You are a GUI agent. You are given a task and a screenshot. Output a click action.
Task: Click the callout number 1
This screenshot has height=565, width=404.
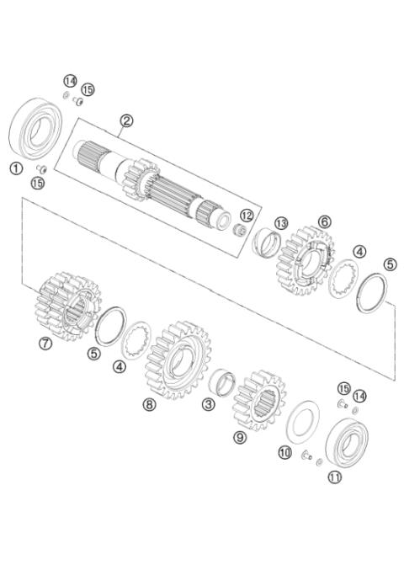[x=15, y=168]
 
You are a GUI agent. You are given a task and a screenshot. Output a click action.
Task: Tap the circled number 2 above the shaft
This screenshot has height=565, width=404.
[x=125, y=120]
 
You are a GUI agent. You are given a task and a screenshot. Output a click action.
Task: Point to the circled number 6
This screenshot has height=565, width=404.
[x=323, y=221]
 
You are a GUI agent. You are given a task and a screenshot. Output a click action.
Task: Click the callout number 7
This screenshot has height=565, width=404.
[x=45, y=343]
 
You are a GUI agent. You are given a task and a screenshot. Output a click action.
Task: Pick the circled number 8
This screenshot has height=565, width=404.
[x=150, y=404]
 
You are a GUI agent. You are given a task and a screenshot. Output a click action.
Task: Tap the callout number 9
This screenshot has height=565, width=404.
[x=240, y=437]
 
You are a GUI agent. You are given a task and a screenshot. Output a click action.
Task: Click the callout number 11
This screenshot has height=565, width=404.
[x=335, y=477]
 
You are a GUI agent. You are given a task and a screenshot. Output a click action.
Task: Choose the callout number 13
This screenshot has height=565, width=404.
[x=280, y=222]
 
